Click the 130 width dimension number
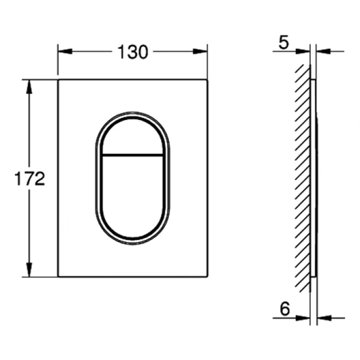[133, 52]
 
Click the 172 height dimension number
[30, 178]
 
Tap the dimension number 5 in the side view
[284, 42]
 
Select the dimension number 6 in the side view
[285, 309]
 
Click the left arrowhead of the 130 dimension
[65, 52]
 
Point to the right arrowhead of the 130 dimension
[200, 52]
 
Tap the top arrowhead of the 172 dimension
[29, 87]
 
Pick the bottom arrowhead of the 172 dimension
[29, 270]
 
